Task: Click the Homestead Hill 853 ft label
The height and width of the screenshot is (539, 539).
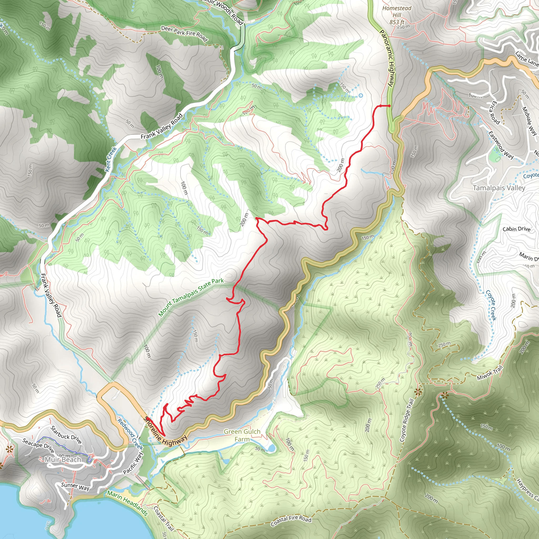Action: tap(397, 15)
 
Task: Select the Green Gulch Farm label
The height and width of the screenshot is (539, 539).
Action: tap(242, 435)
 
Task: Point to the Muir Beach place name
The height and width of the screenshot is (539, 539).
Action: tap(63, 460)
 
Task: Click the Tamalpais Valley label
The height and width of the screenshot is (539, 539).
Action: tap(499, 188)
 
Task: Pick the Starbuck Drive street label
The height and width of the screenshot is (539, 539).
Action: tap(66, 435)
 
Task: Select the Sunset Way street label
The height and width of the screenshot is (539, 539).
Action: tap(75, 487)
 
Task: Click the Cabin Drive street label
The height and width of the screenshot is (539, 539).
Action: tap(516, 229)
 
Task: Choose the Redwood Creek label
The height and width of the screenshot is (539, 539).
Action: tap(130, 434)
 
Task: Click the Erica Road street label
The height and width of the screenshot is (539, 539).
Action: tap(493, 112)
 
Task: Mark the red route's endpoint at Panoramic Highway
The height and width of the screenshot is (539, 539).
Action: tap(389, 106)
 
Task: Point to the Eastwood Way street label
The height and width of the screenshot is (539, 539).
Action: tap(501, 145)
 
